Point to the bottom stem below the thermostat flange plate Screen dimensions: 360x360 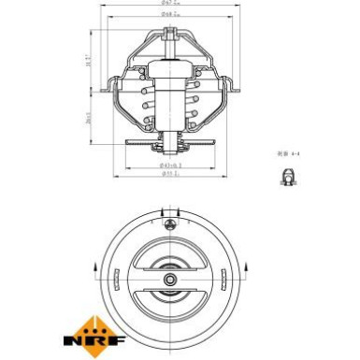tap(168, 151)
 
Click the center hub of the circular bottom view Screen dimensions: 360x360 tap(168, 279)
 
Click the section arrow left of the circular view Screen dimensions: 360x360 tap(97, 271)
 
